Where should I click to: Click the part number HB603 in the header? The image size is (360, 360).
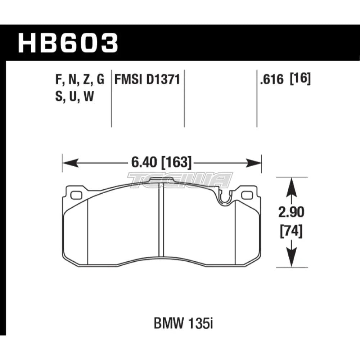click(x=68, y=42)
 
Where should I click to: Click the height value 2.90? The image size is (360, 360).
click(x=291, y=212)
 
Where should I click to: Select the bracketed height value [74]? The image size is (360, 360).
click(x=291, y=230)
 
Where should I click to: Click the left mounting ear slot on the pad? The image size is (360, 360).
click(x=76, y=195)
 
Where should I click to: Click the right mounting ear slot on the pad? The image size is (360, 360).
click(x=247, y=195)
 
